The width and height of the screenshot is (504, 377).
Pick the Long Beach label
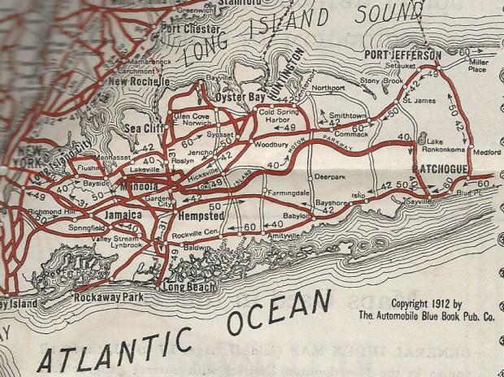pos(189,288)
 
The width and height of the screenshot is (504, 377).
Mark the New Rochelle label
pos(139,81)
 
